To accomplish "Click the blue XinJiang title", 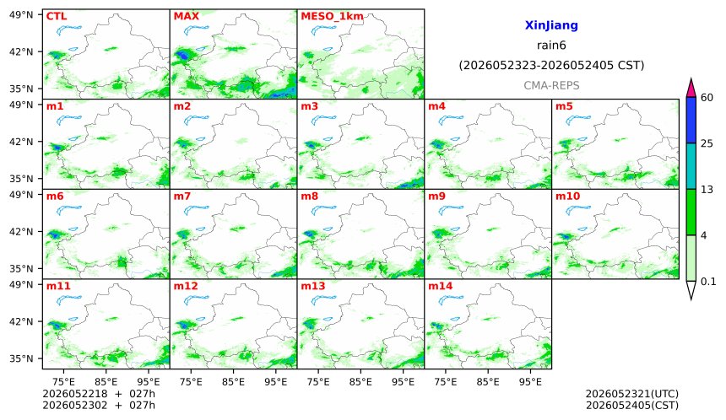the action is pos(551,25).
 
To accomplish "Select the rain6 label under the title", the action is pos(551,46).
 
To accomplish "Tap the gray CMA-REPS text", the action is pos(551,85).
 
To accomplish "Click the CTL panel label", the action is pos(57,16).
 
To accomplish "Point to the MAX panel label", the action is pos(186,16).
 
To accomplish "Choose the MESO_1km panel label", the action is pos(332,17).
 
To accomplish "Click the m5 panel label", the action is pos(564,106).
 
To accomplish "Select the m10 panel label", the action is pos(567,197).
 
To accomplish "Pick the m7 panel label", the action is pos(182,197).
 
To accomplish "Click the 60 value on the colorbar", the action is pos(707,98).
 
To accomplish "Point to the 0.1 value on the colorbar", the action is pos(708,281).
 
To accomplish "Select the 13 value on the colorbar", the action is pos(707,190).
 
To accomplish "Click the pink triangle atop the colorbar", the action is pos(691,88).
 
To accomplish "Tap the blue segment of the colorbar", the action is pos(691,121).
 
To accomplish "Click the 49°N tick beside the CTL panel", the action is pos(21,15).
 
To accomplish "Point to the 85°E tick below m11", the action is pos(106,382).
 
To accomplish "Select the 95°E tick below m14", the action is pos(530,382).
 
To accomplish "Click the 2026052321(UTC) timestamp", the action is pos(632,394).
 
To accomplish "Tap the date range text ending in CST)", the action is pos(551,65).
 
